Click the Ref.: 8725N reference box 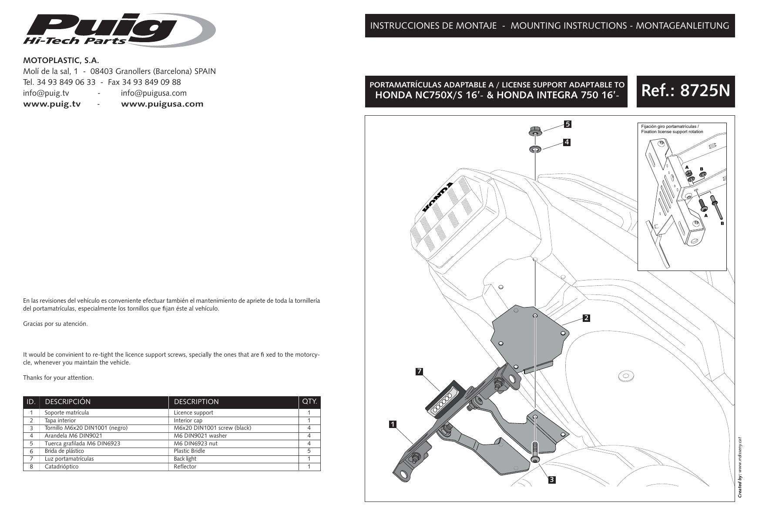point(685,91)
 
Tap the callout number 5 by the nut point(567,124)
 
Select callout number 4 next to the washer point(567,142)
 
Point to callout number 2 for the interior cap point(586,318)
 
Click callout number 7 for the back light point(420,371)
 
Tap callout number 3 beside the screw point(551,480)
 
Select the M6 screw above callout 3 point(535,450)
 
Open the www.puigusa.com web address point(162,104)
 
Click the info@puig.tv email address point(46,93)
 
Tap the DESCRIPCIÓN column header point(67,401)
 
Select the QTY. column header point(309,401)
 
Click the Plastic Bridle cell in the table point(189,451)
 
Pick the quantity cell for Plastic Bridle point(309,451)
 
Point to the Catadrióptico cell point(61,467)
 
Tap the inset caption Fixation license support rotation point(672,131)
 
